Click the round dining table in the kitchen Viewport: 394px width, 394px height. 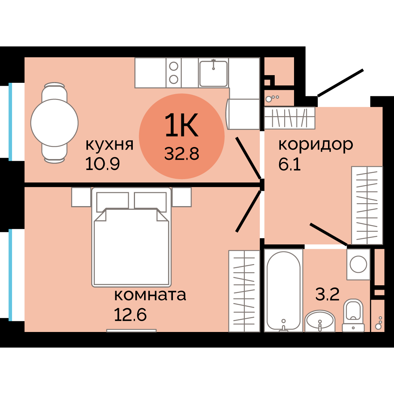coord(54,123)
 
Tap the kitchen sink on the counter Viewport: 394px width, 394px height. coord(213,73)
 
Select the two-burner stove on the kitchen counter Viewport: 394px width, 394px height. coord(174,73)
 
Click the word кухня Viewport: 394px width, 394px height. coord(109,145)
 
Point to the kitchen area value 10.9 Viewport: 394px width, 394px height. coord(103,164)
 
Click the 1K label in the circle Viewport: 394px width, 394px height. coord(181,125)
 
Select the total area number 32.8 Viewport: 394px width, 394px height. coord(182,154)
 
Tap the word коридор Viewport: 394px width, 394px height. coord(316,144)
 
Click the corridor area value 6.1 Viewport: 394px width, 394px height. coord(289,164)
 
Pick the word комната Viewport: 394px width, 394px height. coord(150,295)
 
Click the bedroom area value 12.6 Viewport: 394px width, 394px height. coord(130,315)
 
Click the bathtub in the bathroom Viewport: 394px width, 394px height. coord(283,290)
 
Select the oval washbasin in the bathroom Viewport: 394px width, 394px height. coord(320,321)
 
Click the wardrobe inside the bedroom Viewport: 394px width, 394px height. coord(244,291)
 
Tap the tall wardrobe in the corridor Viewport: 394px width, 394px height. coord(367,205)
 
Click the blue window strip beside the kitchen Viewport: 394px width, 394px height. coord(10,121)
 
